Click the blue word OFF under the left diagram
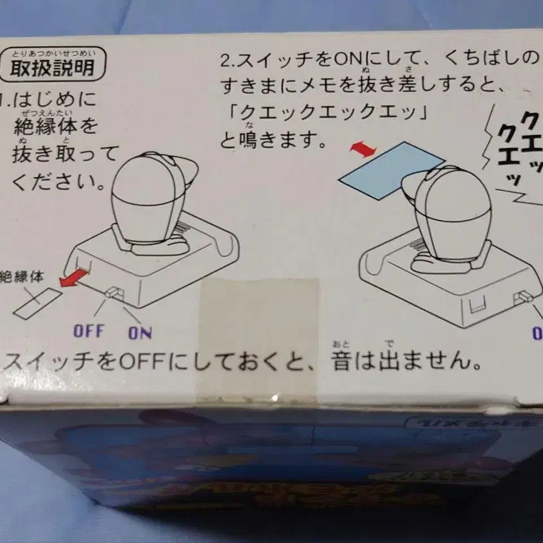(x=88, y=331)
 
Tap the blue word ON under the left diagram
(x=139, y=332)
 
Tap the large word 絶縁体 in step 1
(x=56, y=126)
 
